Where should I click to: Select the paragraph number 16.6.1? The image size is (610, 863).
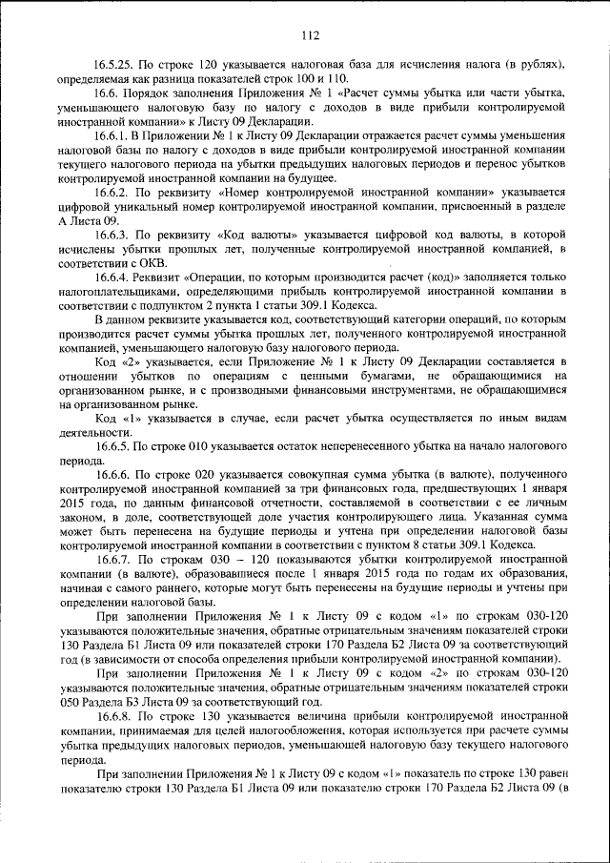tap(113, 137)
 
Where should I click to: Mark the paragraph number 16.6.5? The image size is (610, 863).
tap(113, 445)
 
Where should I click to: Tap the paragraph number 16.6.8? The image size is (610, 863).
tap(113, 713)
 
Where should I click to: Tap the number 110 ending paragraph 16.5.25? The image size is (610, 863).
tap(338, 77)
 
